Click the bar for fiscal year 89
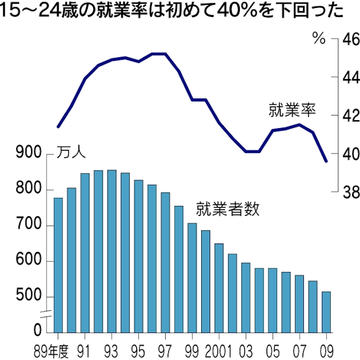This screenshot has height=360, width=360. (58, 265)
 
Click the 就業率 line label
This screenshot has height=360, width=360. (292, 111)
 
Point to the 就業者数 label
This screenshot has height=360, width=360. (228, 209)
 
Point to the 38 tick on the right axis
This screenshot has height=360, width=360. (349, 193)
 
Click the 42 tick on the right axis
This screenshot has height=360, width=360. (349, 116)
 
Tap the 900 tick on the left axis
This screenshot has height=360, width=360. (30, 154)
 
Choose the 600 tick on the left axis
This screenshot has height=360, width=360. (30, 262)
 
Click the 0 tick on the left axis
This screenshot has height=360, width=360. (37, 332)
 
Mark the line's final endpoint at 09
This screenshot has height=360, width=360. (326, 161)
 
